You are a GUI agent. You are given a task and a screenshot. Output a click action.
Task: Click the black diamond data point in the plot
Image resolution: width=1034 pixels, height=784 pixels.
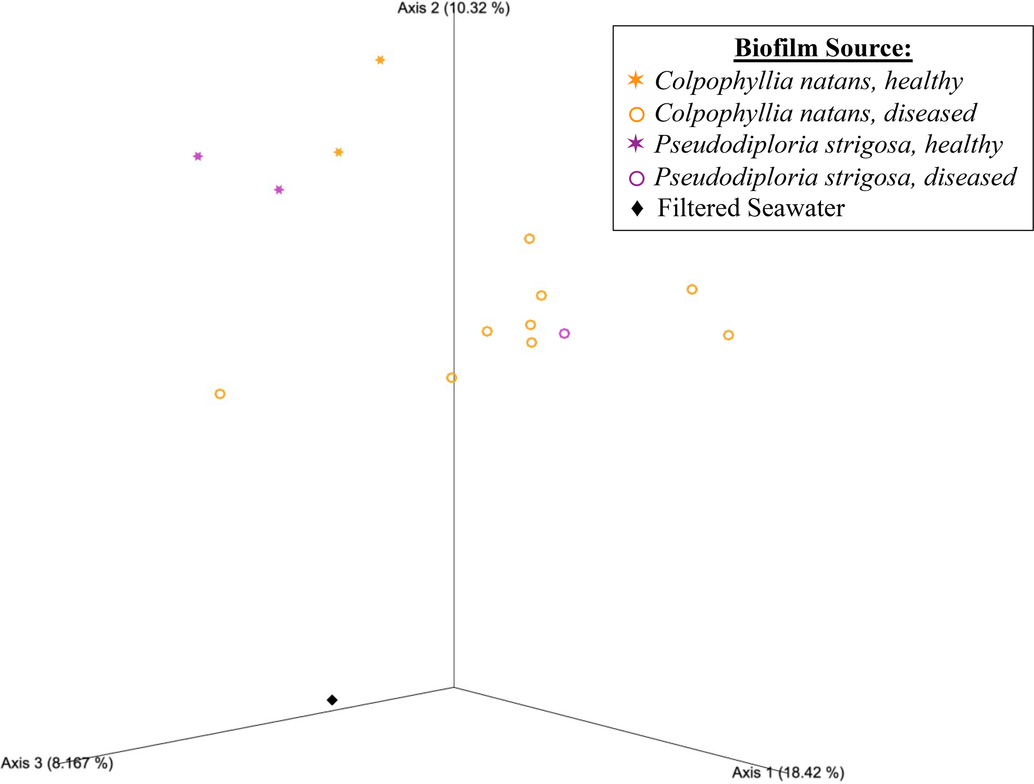tap(332, 700)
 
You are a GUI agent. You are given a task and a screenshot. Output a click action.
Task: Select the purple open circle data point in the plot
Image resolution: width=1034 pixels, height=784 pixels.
tap(564, 334)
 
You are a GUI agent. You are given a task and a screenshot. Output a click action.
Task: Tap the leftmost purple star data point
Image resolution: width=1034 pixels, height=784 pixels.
tap(198, 156)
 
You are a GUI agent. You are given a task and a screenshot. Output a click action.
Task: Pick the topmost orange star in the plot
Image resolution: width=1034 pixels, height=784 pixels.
tap(380, 60)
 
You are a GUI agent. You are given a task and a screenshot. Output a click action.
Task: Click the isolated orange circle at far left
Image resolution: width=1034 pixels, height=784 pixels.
tap(220, 394)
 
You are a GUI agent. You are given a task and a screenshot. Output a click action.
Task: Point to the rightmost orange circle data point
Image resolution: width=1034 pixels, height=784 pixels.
tap(728, 335)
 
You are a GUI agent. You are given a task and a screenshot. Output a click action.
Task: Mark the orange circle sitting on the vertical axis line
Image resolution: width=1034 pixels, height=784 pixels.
tap(451, 378)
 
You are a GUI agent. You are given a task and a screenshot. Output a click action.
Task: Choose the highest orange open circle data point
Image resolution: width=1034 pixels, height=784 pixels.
tap(529, 239)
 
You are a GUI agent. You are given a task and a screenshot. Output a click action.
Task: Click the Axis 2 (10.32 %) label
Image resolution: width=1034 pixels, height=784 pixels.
tap(453, 8)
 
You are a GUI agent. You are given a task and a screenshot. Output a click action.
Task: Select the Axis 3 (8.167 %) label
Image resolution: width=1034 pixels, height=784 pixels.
tap(57, 763)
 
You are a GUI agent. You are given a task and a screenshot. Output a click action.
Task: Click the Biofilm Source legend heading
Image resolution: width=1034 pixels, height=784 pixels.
tap(823, 48)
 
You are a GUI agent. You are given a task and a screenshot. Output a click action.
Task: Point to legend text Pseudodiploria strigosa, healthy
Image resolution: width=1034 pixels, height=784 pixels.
tap(828, 144)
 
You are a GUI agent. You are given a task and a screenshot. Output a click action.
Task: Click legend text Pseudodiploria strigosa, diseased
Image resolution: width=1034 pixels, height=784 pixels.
tap(835, 177)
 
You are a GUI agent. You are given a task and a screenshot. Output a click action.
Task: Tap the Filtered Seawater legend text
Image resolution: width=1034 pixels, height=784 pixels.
tap(751, 208)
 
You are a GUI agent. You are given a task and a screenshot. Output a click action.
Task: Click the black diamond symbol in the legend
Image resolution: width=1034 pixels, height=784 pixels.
tap(637, 208)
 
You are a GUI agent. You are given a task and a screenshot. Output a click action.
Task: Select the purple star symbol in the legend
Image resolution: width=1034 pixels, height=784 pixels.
tap(636, 143)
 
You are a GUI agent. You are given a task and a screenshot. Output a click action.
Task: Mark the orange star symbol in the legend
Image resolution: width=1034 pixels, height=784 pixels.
tap(636, 80)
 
